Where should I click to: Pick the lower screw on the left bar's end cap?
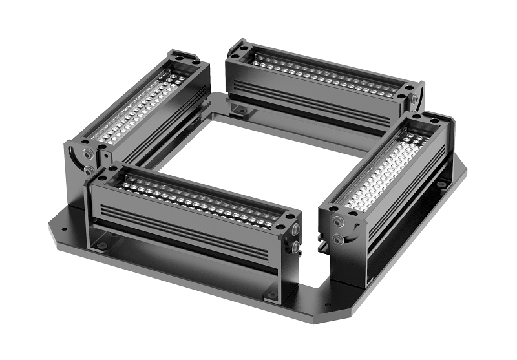(x=88, y=171)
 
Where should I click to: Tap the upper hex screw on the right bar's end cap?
(x=337, y=222)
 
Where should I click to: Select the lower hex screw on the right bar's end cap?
(x=338, y=239)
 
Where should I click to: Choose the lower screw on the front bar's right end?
(x=295, y=246)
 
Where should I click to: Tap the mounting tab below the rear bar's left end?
(x=240, y=111)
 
